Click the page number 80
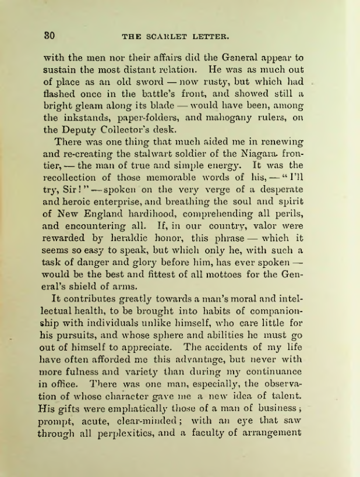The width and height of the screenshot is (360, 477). (50, 36)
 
